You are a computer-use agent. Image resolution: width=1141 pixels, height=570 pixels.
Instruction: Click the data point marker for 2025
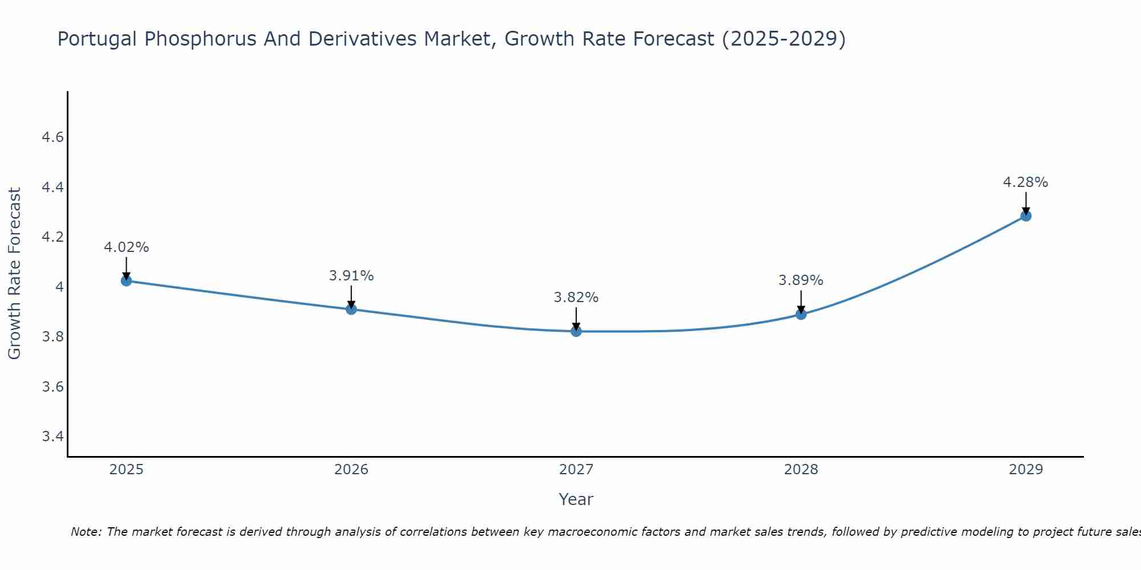click(x=126, y=281)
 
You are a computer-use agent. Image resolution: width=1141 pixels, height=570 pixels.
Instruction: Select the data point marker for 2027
click(x=576, y=331)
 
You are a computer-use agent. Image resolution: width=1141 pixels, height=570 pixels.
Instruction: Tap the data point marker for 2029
click(x=1026, y=216)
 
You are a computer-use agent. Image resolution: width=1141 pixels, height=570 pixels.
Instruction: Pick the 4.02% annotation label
click(x=126, y=247)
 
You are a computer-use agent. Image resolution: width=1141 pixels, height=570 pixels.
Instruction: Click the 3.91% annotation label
click(x=351, y=276)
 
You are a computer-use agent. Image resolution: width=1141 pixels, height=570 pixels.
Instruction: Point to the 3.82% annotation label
click(x=576, y=298)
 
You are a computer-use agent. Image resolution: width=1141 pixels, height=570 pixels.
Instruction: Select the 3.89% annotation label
click(x=801, y=280)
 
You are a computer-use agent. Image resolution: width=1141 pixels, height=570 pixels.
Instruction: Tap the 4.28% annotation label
click(x=1025, y=182)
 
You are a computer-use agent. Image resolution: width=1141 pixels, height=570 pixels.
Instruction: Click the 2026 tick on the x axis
click(x=351, y=470)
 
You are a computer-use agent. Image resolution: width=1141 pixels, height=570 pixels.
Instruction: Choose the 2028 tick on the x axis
click(x=801, y=470)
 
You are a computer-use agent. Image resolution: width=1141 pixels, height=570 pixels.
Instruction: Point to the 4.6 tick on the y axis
click(x=52, y=137)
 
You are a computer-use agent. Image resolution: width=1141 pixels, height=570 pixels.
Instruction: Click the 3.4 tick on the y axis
click(x=52, y=437)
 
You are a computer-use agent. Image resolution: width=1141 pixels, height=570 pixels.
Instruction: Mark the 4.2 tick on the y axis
click(x=52, y=237)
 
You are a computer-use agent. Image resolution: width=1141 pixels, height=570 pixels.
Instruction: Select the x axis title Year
click(x=576, y=499)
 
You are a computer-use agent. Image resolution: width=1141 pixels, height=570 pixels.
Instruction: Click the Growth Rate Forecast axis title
click(x=14, y=274)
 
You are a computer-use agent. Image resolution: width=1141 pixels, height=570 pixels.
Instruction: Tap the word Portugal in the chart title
click(x=97, y=39)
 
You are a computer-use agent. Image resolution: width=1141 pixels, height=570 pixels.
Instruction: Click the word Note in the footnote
click(x=86, y=532)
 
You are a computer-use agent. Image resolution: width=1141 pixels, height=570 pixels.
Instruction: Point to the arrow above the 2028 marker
click(x=801, y=300)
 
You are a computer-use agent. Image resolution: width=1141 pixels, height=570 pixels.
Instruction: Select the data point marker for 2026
click(x=351, y=309)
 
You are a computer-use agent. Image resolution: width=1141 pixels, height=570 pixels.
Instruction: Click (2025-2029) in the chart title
click(x=783, y=39)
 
